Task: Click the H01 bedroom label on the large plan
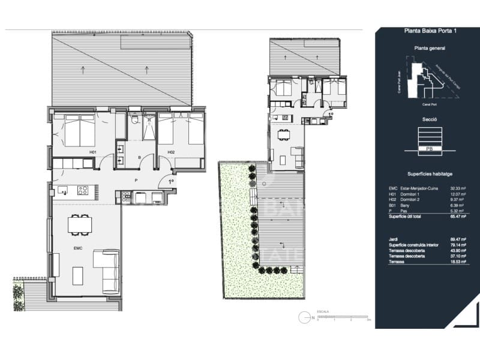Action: click(93, 152)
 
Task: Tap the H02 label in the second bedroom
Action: click(171, 152)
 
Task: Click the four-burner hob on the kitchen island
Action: click(83, 191)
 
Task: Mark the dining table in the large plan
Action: click(80, 224)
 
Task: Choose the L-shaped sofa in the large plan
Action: click(106, 270)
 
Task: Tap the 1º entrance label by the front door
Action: click(170, 181)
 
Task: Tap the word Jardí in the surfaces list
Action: click(394, 239)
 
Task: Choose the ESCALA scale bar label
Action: click(323, 312)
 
